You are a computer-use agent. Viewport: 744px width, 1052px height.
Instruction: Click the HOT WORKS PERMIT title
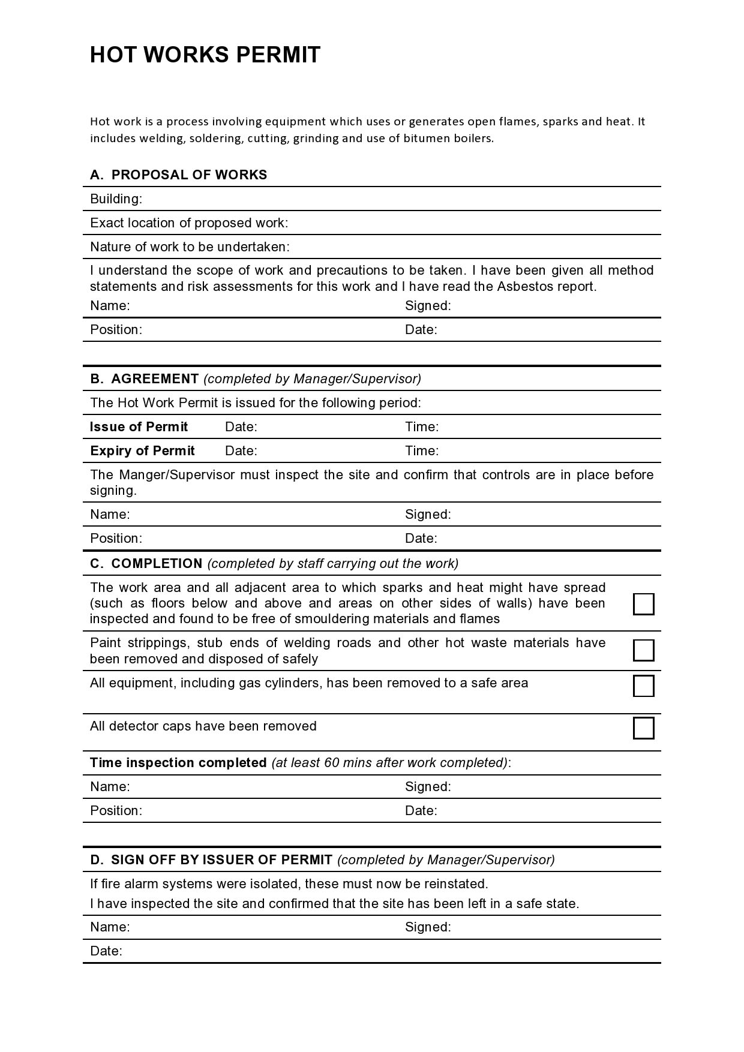(205, 55)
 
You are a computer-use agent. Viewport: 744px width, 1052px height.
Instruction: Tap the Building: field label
(116, 199)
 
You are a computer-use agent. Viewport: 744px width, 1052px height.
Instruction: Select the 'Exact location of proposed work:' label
(189, 223)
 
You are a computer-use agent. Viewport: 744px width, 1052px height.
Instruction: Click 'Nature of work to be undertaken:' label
(190, 247)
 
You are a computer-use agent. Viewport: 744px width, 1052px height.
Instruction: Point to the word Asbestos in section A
(525, 287)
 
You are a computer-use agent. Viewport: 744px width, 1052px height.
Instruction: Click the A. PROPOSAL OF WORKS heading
(179, 175)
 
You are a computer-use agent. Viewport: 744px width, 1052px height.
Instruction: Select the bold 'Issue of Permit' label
(139, 427)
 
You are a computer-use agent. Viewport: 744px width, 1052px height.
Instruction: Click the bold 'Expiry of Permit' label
(142, 451)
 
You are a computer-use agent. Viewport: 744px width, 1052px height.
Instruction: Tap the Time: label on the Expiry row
(421, 451)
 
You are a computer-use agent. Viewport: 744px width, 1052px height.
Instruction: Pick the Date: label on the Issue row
(241, 427)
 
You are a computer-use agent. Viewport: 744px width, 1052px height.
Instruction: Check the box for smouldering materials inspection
(643, 604)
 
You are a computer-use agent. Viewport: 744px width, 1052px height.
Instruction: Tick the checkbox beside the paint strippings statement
(643, 650)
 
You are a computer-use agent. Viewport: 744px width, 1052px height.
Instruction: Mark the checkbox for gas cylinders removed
(643, 686)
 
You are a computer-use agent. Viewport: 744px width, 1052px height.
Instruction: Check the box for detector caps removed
(643, 728)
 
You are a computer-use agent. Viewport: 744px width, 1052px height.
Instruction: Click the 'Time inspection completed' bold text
(178, 763)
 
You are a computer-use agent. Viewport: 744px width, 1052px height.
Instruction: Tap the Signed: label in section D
(428, 927)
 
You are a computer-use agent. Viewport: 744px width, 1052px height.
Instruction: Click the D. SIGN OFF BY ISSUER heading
(211, 860)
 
